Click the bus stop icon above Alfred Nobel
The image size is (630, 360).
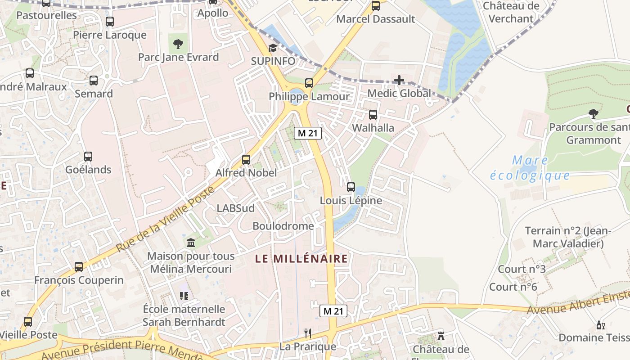point(246,159)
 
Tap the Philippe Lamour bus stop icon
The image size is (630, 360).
point(309,83)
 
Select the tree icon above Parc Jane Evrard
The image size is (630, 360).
point(178,44)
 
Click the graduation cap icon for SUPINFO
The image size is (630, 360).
point(273,48)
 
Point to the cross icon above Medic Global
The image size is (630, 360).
point(399,81)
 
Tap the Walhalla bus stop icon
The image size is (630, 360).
point(373,115)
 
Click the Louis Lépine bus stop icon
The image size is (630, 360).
point(351,187)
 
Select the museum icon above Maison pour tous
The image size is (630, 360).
point(190,243)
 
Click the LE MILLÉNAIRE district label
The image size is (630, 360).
point(301,259)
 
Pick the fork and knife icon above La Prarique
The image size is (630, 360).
point(308,333)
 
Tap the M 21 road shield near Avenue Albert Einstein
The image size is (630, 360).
point(333,311)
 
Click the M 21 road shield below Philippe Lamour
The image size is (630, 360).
point(308,133)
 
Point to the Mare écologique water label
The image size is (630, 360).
point(530,168)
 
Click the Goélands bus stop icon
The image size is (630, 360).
point(88,157)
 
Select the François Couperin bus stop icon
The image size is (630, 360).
point(79,267)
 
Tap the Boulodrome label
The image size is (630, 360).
point(283,226)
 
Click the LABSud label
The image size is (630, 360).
point(235,208)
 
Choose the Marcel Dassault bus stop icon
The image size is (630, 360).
point(375,6)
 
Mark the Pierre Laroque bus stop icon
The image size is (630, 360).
point(110,22)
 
